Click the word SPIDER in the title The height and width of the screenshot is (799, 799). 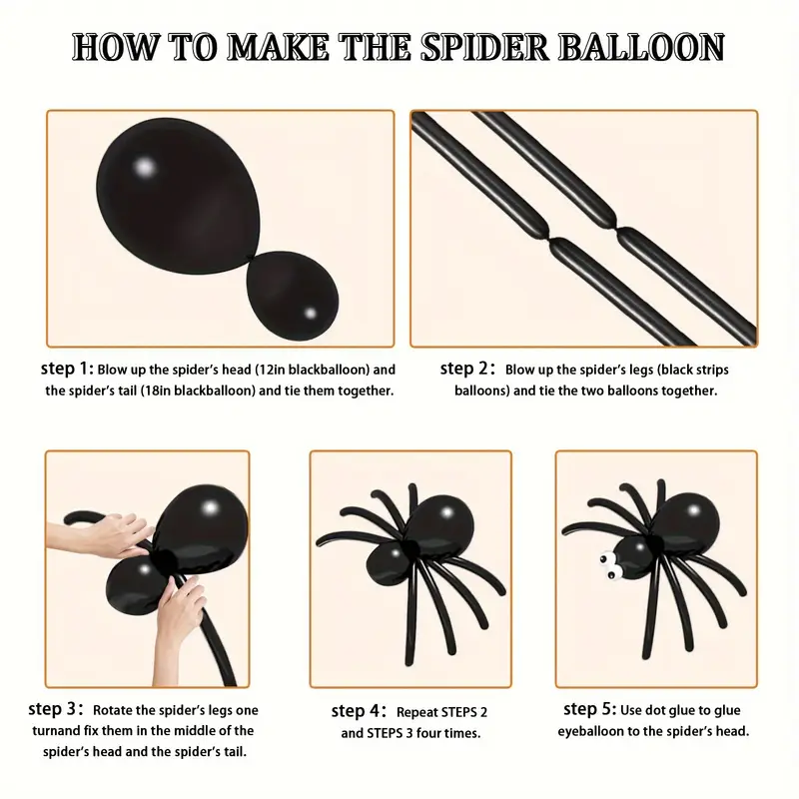[x=483, y=47]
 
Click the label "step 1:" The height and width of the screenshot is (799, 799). [x=67, y=369]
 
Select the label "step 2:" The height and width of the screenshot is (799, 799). [x=467, y=369]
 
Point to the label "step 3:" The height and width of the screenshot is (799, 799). [x=56, y=709]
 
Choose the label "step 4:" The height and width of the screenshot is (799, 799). [x=359, y=711]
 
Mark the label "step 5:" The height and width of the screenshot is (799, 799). [x=590, y=709]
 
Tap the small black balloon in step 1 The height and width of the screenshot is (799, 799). [x=293, y=293]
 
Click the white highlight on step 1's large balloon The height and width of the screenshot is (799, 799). [x=145, y=167]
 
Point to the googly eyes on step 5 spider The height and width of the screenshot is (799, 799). [x=607, y=566]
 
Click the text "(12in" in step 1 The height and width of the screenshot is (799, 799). [x=270, y=370]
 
